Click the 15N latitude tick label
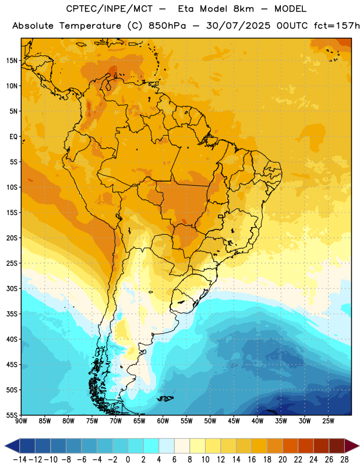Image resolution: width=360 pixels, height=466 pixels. [12, 61]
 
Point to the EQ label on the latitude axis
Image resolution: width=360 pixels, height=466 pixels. [13, 137]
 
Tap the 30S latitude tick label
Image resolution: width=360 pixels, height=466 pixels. [12, 288]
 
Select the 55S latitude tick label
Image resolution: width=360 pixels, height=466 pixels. [12, 415]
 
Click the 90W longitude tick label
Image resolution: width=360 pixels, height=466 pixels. [21, 421]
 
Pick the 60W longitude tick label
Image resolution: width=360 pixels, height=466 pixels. [163, 421]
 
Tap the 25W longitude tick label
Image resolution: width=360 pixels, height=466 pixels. [328, 421]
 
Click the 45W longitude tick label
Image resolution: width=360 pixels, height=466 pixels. [234, 421]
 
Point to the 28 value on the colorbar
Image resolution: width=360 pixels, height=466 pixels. [344, 460]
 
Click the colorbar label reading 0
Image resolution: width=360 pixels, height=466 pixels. [128, 460]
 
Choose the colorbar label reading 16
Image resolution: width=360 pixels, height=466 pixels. [252, 460]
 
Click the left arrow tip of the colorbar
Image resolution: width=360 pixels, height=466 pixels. [5, 446]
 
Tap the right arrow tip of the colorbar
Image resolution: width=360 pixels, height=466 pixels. [359, 446]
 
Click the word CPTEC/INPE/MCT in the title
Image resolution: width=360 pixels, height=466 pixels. [109, 9]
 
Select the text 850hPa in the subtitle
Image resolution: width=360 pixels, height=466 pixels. [167, 26]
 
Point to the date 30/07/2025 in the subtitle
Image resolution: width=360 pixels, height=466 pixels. [238, 26]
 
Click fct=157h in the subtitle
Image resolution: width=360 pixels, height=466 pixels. [337, 26]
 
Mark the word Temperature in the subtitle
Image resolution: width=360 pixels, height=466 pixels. [90, 26]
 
